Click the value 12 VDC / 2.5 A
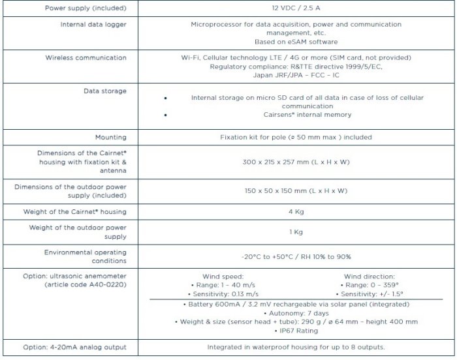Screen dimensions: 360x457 tap(296, 8)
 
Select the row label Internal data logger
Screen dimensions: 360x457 tap(95, 24)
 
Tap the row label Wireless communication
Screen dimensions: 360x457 tap(86, 58)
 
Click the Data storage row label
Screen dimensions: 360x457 tap(104, 91)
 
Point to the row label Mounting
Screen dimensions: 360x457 tap(110, 138)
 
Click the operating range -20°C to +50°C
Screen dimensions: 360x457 tap(296, 256)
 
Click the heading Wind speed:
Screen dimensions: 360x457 tap(223, 277)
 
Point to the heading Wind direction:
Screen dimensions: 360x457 tap(369, 277)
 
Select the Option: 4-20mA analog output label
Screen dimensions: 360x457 tap(74, 347)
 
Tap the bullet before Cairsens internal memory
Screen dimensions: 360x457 tap(165, 115)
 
